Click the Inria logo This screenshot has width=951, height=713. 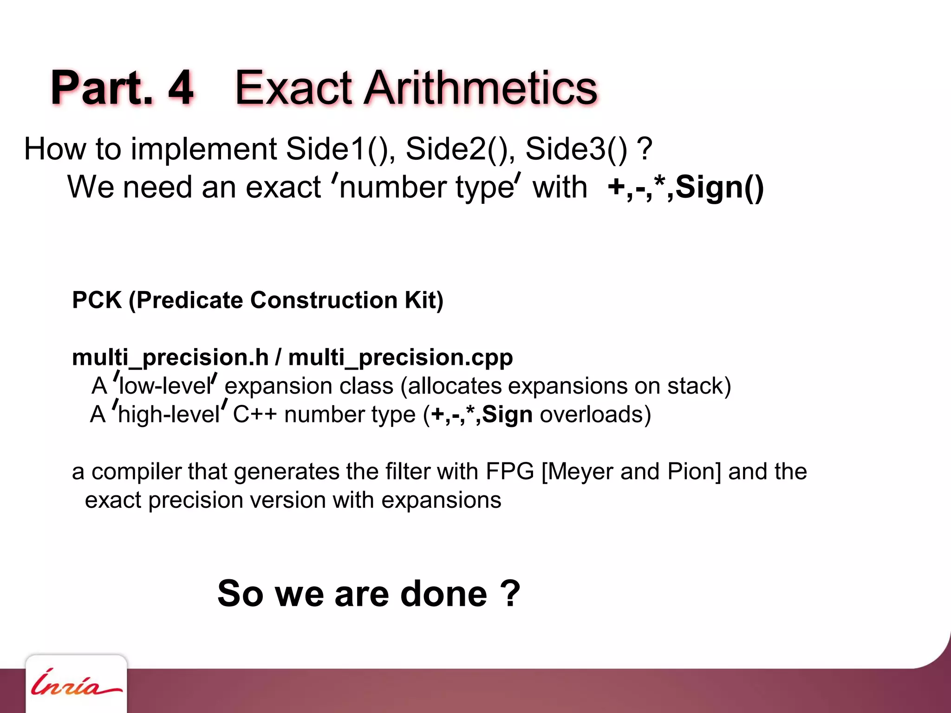pos(76,685)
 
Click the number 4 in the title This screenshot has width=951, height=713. pos(180,88)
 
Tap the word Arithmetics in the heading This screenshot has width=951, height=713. pos(480,88)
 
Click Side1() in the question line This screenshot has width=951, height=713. pos(340,149)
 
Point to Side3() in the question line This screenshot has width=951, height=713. pos(576,149)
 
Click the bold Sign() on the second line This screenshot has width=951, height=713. pos(719,188)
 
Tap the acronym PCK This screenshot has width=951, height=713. pos(97,300)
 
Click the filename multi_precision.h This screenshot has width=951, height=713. pos(170,358)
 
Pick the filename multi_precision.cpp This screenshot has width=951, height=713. pos(400,358)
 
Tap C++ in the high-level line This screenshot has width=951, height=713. pos(254,415)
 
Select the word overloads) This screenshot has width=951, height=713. pos(595,415)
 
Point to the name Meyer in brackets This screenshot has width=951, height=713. pos(578,472)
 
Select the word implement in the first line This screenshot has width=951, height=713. pos(204,149)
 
